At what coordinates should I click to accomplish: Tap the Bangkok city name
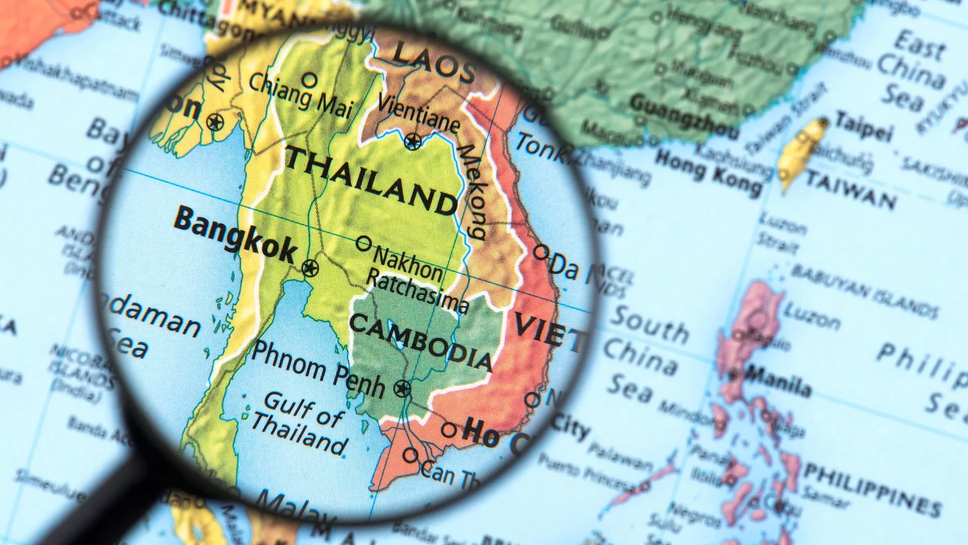235,235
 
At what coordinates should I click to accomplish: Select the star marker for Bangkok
310,267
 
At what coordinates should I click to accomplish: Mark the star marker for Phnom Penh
402,388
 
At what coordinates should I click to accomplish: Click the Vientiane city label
418,113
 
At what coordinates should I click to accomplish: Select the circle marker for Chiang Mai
310,80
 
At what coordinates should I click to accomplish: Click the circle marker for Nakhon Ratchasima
364,243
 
